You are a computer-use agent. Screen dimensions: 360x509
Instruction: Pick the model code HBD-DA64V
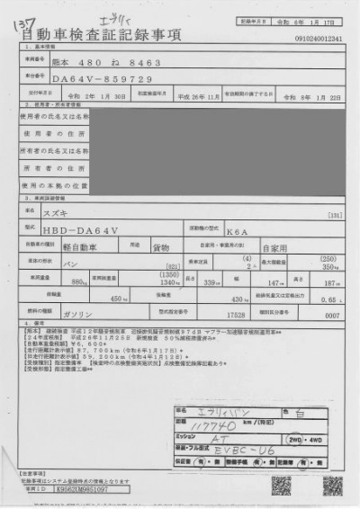tap(83, 230)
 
